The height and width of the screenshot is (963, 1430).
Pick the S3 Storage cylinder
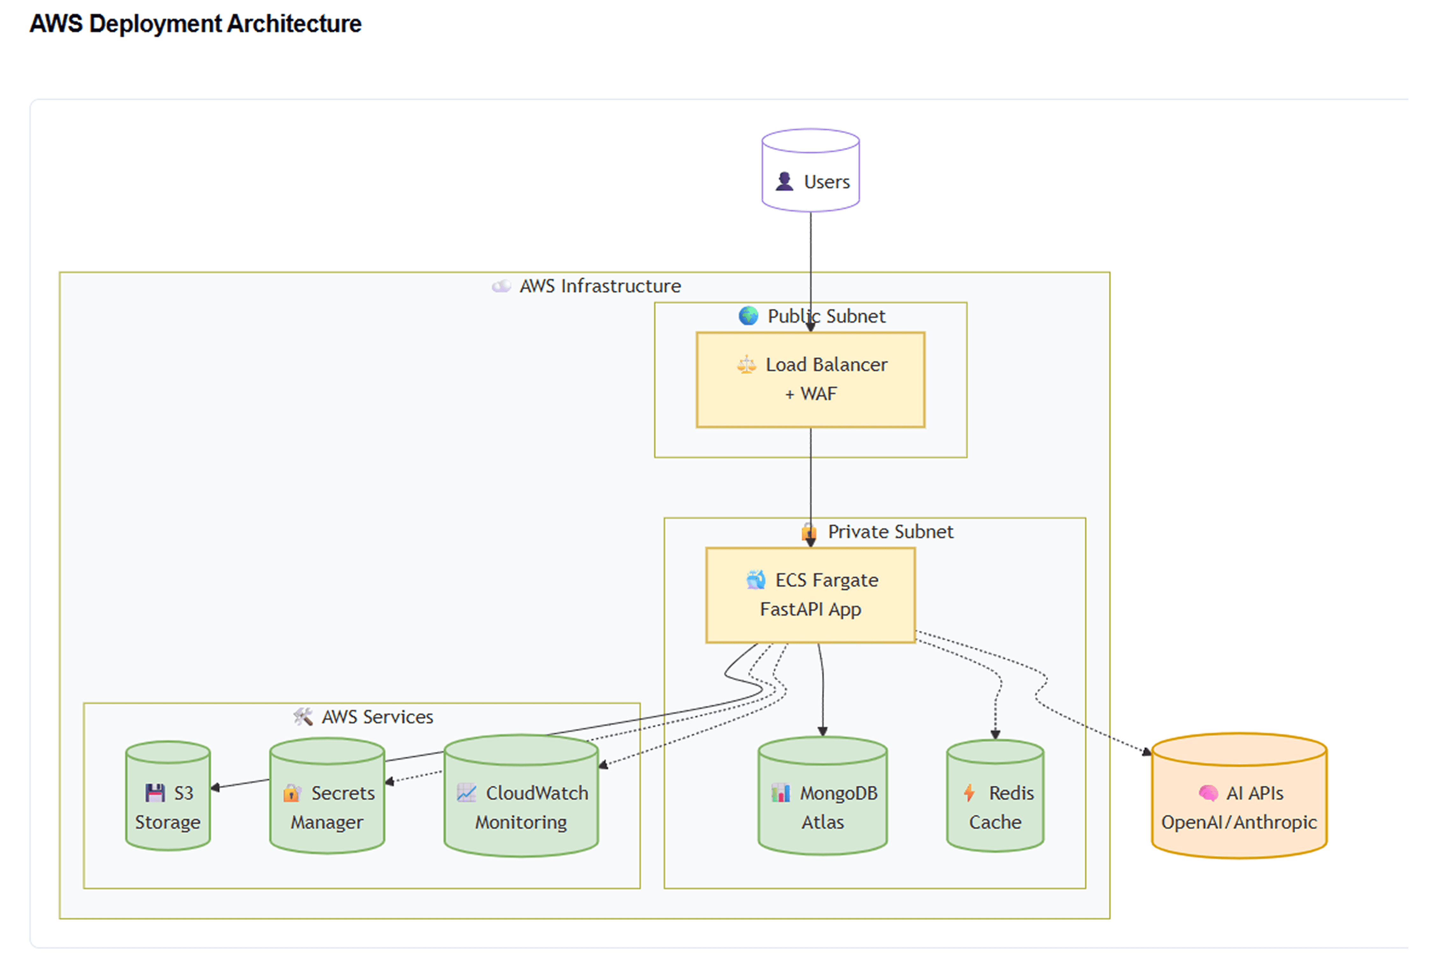168,795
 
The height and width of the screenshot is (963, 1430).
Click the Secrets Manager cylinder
327,795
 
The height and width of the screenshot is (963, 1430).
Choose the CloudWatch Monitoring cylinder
521,795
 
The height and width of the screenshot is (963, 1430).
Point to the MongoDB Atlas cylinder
823,795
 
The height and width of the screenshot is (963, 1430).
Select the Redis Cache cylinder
995,795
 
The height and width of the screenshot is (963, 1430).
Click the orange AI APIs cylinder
1239,795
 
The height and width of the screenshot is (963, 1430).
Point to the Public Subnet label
826,316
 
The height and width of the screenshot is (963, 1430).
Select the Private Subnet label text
891,532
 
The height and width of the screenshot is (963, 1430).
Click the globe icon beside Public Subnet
748,316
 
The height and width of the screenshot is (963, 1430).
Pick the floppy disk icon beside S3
155,793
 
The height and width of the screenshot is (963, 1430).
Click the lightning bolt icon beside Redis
969,793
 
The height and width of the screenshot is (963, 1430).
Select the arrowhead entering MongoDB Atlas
823,731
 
